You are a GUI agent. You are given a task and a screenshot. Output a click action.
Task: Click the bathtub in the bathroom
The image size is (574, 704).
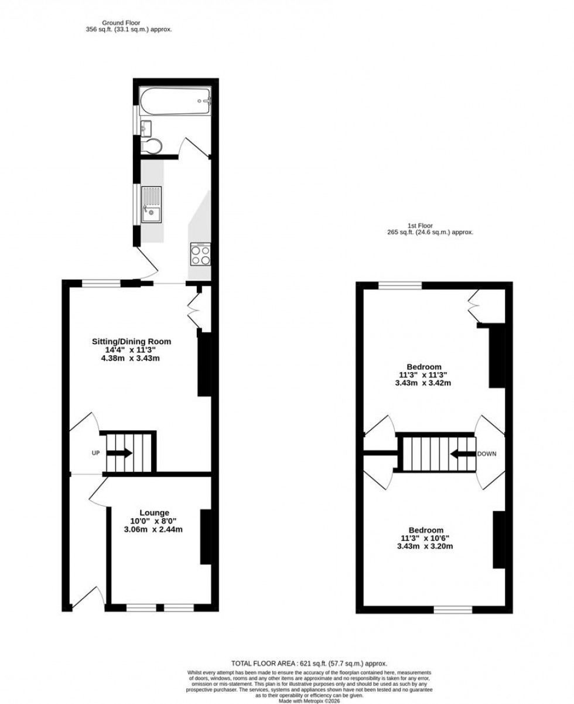[175, 101]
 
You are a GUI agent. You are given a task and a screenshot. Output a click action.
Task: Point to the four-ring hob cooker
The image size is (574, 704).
[200, 255]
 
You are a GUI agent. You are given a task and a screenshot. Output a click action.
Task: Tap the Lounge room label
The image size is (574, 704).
[154, 513]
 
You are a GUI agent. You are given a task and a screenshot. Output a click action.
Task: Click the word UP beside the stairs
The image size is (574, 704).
[95, 453]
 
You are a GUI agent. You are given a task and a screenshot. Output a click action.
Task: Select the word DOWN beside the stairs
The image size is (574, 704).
[487, 454]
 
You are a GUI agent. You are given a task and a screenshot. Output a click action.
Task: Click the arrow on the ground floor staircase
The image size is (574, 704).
[121, 453]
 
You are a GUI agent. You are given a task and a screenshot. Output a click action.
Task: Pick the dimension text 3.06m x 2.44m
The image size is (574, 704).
[154, 530]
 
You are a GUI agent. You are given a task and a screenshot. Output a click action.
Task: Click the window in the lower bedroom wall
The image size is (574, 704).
[453, 610]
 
